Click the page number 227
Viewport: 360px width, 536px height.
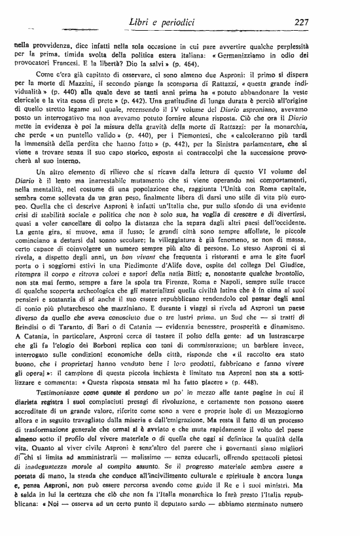click(301, 22)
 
